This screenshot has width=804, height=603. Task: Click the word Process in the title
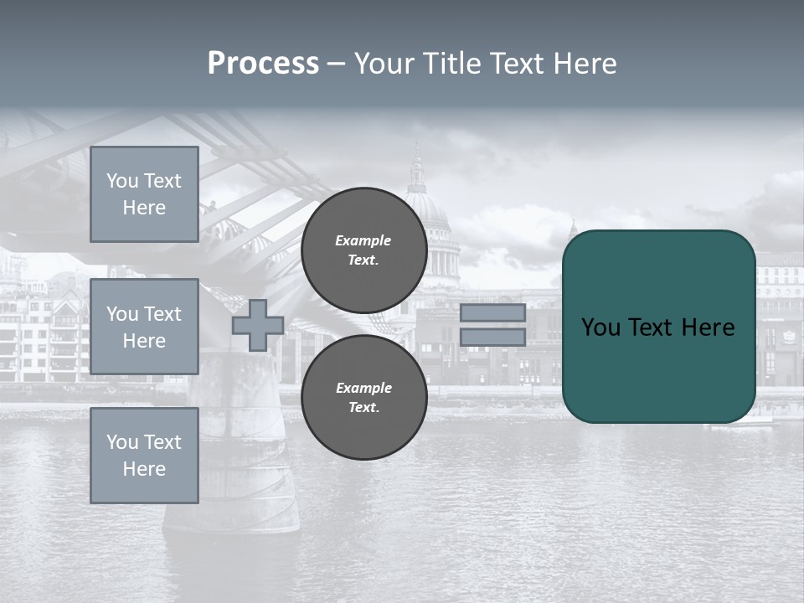coord(263,64)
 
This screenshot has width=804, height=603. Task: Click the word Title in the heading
coord(451,64)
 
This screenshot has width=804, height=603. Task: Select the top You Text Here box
coord(144,194)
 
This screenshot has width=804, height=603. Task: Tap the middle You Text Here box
coord(144,327)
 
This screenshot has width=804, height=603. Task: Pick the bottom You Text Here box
coord(144,455)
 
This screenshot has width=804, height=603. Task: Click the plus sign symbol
coord(258,325)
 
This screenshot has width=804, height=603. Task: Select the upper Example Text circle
coord(363,250)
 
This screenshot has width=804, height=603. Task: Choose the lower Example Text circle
coord(363,398)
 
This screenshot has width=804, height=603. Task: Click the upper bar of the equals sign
coord(492,313)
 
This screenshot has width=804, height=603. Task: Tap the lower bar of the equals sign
coord(492,338)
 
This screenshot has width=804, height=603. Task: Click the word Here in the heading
coord(583,64)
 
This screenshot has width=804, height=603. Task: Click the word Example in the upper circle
coord(363,240)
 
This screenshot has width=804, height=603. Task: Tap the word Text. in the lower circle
coord(363,408)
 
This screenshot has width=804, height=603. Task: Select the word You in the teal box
coord(600,327)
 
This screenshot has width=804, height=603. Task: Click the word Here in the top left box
coord(144,208)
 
